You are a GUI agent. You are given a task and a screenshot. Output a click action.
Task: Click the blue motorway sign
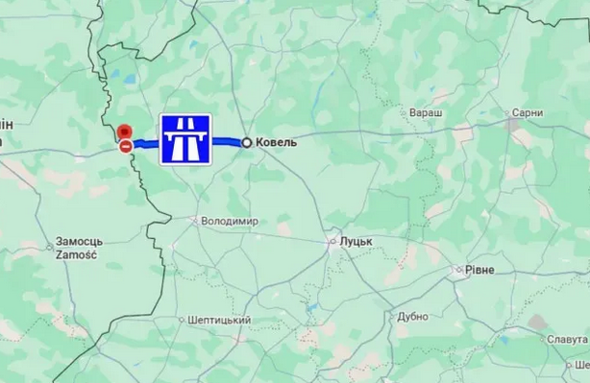185,139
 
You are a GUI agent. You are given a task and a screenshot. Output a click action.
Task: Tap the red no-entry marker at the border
126,146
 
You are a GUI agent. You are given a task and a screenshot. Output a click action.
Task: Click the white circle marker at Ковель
247,142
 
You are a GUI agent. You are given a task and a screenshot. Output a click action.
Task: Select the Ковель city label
276,142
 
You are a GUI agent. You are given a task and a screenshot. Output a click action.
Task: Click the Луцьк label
356,242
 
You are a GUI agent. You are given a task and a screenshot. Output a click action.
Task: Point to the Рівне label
479,271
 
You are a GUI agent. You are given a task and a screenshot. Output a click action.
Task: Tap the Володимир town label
231,221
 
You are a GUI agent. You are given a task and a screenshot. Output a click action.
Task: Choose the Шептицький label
220,320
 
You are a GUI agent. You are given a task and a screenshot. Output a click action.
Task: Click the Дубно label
412,316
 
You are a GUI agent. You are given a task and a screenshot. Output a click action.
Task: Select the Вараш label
427,113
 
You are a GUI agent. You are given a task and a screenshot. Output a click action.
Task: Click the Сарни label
528,113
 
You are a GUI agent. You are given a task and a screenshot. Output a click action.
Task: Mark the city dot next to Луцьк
332,242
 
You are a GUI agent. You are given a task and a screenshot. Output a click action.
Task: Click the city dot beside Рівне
458,271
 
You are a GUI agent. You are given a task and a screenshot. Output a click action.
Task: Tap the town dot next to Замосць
50,247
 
